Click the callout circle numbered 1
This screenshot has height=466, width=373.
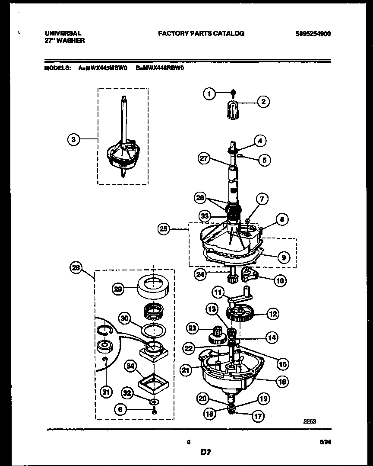pyautogui.click(x=209, y=93)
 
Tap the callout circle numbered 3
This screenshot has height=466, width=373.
pyautogui.click(x=74, y=139)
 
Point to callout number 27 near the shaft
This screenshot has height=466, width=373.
pyautogui.click(x=204, y=159)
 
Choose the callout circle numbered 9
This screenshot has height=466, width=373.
pyautogui.click(x=284, y=257)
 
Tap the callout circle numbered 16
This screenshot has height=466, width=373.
pyautogui.click(x=283, y=381)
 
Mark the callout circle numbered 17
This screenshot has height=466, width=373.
pyautogui.click(x=257, y=416)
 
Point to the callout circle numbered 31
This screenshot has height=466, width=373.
pyautogui.click(x=105, y=392)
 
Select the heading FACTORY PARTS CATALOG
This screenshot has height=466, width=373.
pyautogui.click(x=201, y=33)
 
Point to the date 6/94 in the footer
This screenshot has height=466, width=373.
pyautogui.click(x=325, y=442)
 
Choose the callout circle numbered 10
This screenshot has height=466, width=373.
pyautogui.click(x=280, y=280)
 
